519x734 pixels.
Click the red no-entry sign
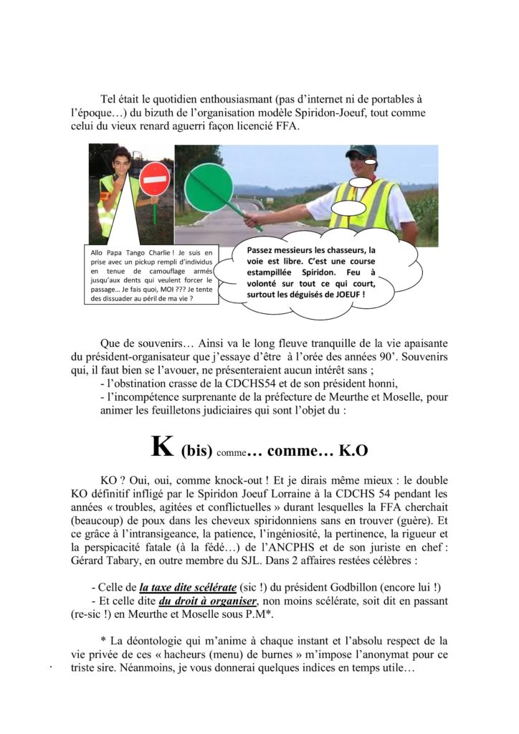coord(154,178)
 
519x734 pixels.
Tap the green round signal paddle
coord(208,187)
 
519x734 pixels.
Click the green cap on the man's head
coord(361,151)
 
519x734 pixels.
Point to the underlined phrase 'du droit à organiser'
coord(208,601)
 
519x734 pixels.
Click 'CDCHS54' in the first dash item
coord(219,382)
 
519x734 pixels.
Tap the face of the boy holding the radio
coord(120,163)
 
